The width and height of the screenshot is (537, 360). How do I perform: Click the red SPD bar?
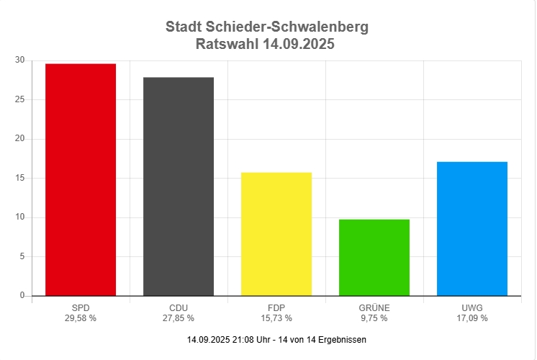point(81,180)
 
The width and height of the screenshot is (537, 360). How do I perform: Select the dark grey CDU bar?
point(179,186)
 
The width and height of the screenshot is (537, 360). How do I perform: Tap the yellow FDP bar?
point(276,234)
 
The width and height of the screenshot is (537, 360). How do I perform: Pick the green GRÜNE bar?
point(374,258)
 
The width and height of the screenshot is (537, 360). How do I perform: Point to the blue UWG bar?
point(472,229)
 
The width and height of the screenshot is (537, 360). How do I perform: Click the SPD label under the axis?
point(81,308)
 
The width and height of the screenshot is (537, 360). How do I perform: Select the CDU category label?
point(179,308)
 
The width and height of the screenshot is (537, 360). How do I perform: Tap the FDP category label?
point(276,308)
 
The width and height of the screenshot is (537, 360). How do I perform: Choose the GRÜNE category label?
point(374,308)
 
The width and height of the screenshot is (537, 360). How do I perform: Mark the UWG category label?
point(472,308)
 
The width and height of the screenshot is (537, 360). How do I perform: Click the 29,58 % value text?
point(81,318)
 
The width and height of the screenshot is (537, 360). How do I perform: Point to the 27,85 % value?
point(179,318)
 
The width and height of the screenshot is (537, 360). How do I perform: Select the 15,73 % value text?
point(276,318)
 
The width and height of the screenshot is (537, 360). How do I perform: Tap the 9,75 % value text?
point(374,318)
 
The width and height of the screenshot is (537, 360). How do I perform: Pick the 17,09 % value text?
point(472,318)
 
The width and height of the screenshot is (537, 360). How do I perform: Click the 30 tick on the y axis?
point(19,60)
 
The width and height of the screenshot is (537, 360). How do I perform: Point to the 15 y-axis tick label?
point(19,178)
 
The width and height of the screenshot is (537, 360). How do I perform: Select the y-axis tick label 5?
point(22,256)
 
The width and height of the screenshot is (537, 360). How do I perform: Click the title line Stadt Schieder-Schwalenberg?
point(266,27)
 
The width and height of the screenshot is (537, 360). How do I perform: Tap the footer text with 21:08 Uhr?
point(276,339)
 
